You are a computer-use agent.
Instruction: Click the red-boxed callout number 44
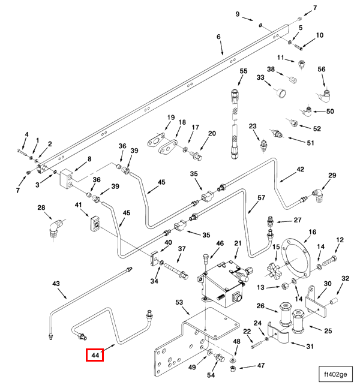(95, 356)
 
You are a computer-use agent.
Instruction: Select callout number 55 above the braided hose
(243, 72)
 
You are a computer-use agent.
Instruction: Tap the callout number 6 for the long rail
(219, 37)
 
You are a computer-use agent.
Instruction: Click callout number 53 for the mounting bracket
(179, 303)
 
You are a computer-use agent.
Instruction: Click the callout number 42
(301, 170)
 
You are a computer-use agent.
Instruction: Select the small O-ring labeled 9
(261, 26)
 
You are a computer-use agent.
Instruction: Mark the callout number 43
(56, 283)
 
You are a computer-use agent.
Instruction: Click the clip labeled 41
(95, 225)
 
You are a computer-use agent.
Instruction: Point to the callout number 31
(310, 347)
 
